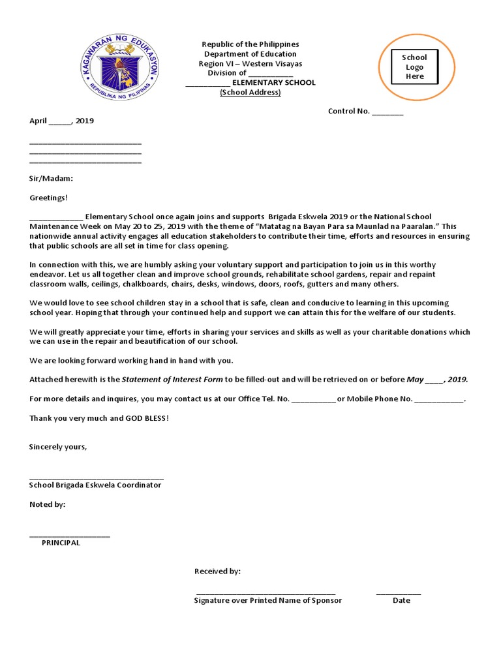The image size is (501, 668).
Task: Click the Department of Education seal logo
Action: tap(120, 68)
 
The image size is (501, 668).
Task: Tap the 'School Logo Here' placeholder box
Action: tap(414, 67)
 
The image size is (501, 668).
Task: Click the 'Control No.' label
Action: tap(348, 111)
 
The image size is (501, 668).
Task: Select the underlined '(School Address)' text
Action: tap(250, 92)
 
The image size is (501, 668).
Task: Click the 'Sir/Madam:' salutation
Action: tap(51, 178)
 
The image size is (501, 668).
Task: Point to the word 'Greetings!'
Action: tap(48, 198)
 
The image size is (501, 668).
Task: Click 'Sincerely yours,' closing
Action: tap(58, 447)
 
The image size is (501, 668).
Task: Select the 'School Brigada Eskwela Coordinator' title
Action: tap(95, 485)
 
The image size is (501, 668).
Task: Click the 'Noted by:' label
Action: tap(48, 504)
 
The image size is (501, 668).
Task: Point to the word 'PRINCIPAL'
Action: tap(61, 543)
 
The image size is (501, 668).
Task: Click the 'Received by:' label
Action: tap(217, 571)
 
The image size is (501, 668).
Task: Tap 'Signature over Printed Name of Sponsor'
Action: tap(267, 600)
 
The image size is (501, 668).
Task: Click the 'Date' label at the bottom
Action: tap(401, 600)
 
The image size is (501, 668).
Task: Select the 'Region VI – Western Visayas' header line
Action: tap(250, 64)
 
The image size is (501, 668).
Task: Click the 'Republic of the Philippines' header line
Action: tap(250, 44)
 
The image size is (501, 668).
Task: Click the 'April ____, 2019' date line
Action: tap(61, 121)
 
